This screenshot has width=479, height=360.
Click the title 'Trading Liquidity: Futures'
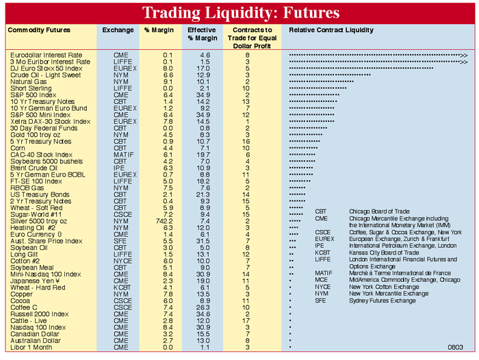pos(240,13)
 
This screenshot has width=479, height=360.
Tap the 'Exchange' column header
pos(118,31)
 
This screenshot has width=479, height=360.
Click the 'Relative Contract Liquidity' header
pos(331,31)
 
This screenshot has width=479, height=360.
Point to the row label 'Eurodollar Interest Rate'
pos(47,55)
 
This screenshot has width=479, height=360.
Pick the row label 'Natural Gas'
pos(29,81)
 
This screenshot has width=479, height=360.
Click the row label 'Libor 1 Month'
pos(31,348)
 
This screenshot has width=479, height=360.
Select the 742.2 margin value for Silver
pos(166,222)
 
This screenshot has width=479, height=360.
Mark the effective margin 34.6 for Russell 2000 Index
pos(203,314)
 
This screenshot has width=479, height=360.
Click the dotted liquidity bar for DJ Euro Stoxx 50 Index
pos(361,68)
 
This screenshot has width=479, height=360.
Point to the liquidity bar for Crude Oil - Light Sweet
pos(330,75)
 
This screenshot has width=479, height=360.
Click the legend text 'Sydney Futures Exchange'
pos(383,300)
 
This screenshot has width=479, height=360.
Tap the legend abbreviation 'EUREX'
pos(325,239)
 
